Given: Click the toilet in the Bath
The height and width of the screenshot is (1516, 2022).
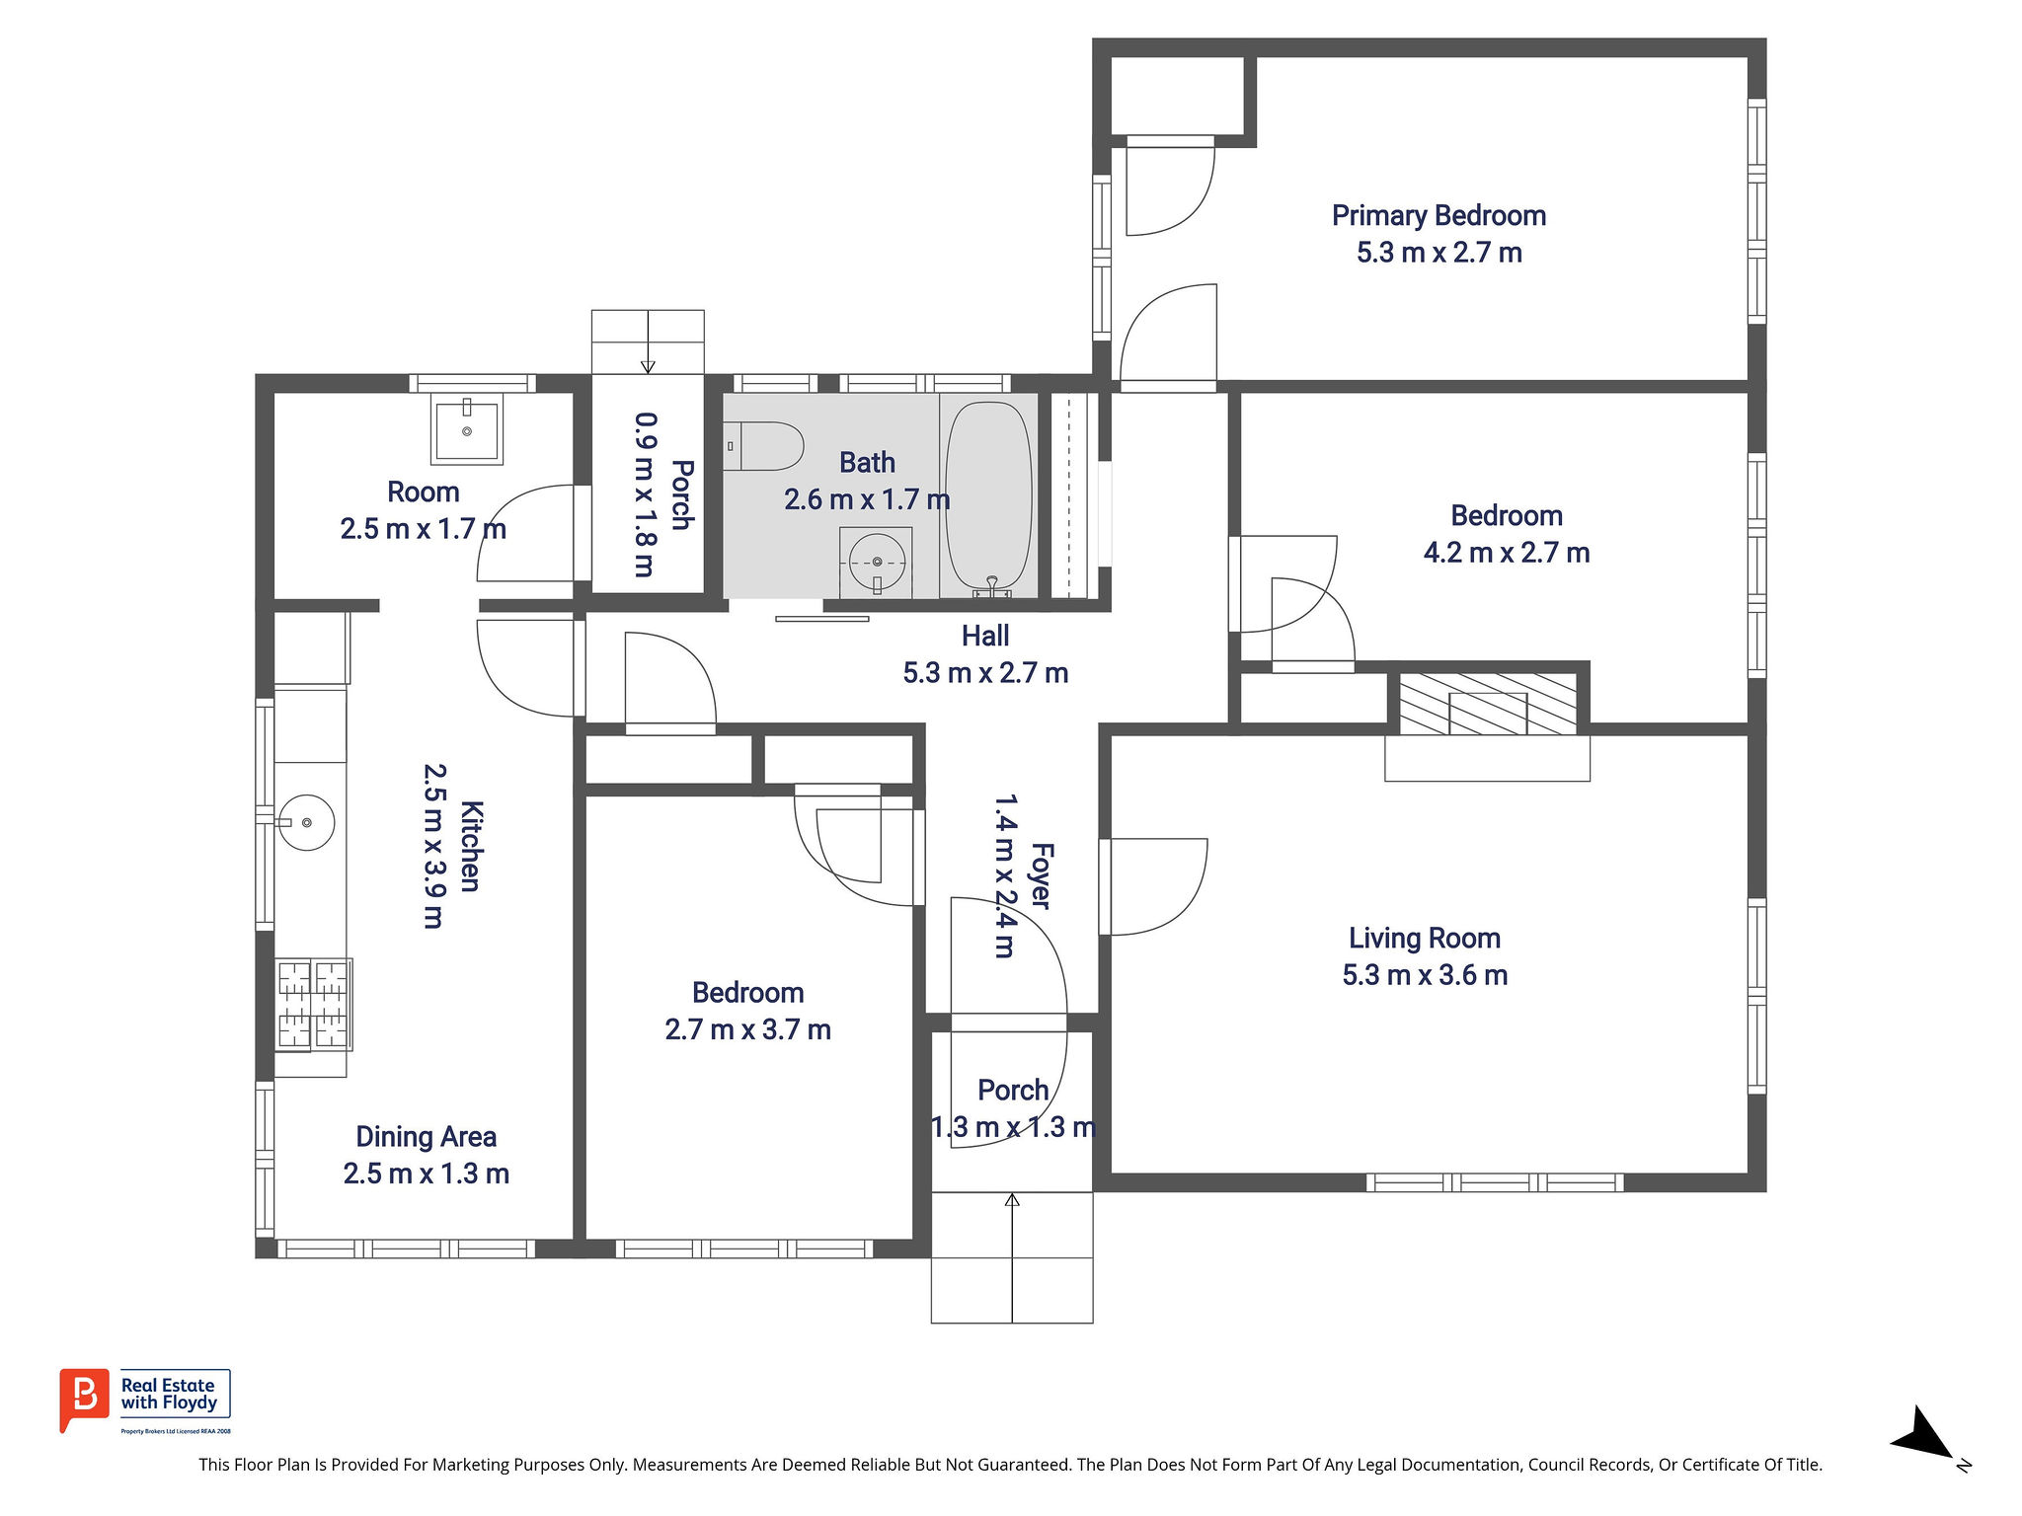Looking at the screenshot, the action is click(763, 446).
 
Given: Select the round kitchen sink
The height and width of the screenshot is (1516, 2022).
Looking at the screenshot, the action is click(306, 822).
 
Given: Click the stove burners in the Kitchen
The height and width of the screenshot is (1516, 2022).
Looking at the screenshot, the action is click(314, 1004).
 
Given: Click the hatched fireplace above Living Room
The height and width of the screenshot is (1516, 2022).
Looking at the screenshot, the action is click(1488, 704).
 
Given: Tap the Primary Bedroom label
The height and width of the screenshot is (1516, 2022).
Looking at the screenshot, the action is click(1439, 215).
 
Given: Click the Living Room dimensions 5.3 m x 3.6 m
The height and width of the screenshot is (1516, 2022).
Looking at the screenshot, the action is click(1425, 975).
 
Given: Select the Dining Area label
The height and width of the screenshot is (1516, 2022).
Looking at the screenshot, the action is click(426, 1137).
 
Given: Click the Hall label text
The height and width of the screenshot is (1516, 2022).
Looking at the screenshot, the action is click(985, 637).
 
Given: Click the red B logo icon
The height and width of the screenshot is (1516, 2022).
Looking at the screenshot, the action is click(84, 1399).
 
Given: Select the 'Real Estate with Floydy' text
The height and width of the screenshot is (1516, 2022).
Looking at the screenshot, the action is click(169, 1394).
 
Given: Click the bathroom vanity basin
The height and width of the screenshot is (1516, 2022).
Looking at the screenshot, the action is click(877, 562).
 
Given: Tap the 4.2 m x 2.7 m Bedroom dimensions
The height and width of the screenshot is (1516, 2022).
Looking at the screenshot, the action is click(1507, 553).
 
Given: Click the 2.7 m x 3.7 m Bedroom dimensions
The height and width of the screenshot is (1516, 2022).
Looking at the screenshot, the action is click(747, 1030).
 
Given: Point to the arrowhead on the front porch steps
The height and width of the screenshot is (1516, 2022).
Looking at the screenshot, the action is click(1012, 1200).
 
